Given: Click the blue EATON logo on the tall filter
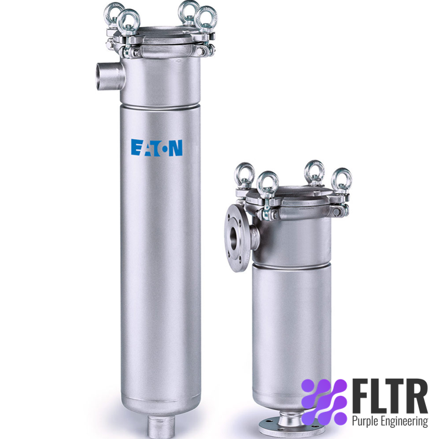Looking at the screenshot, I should click(156, 147).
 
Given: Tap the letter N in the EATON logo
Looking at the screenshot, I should click(176, 148).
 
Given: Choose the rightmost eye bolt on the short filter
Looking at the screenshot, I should click(341, 180).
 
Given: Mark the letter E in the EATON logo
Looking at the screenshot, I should click(136, 147).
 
